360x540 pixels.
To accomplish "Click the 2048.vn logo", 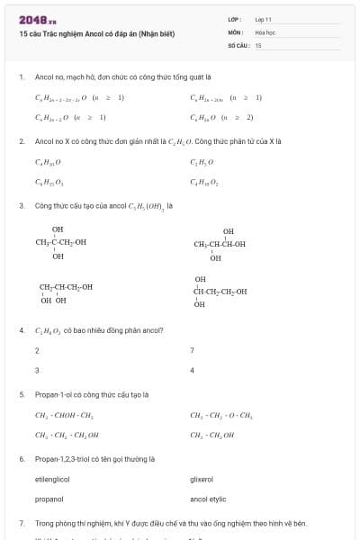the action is click(x=38, y=19).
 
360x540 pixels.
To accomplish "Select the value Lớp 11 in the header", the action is click(x=264, y=19).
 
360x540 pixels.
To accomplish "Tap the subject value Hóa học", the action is click(x=265, y=31).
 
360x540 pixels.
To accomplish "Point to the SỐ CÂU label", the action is click(x=237, y=44).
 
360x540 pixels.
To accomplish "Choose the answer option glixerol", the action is click(x=202, y=480).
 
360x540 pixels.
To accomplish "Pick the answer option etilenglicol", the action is click(x=52, y=480).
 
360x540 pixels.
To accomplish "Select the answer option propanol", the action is click(x=49, y=498).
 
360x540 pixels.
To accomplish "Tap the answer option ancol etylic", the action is click(x=208, y=498).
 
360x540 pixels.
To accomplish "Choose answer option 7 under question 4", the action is click(x=192, y=350).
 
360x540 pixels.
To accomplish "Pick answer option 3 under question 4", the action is click(x=37, y=370).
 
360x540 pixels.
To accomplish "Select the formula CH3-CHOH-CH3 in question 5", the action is click(x=64, y=416).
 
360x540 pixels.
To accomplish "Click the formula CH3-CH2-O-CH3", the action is click(x=221, y=416).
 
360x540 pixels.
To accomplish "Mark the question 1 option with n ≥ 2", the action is click(x=221, y=117).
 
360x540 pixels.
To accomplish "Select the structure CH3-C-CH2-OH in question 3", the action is click(x=60, y=242).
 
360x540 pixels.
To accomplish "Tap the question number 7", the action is click(x=21, y=522).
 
